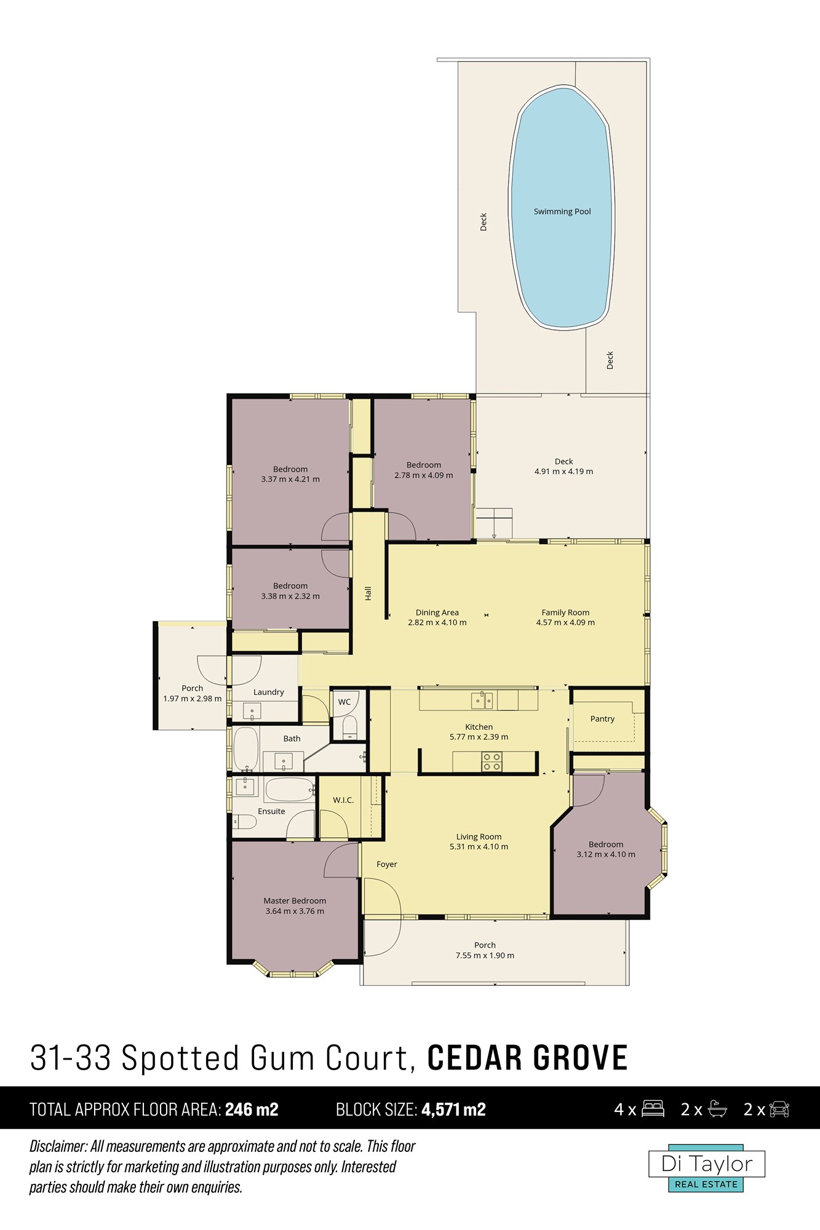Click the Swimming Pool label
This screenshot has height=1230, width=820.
562,212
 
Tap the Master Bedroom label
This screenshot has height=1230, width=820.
295,901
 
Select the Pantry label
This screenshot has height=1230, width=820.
602,719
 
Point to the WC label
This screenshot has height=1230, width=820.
344,702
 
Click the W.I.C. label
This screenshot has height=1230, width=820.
343,800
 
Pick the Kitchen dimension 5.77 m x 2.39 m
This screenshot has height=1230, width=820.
479,737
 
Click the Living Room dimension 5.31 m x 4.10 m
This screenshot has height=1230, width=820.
479,847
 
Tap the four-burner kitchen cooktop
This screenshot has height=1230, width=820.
492,761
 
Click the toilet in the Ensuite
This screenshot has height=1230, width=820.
244,822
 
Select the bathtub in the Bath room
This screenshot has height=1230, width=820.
246,749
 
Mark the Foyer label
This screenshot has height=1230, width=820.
387,865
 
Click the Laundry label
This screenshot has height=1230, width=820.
269,692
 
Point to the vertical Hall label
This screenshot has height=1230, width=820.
368,593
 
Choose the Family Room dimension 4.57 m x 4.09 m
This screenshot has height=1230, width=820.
565,622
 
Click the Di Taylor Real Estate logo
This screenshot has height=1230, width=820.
707,1168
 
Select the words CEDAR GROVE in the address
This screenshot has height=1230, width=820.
528,1058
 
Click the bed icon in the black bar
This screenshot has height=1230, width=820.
653,1109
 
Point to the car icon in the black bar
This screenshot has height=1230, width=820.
779,1109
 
